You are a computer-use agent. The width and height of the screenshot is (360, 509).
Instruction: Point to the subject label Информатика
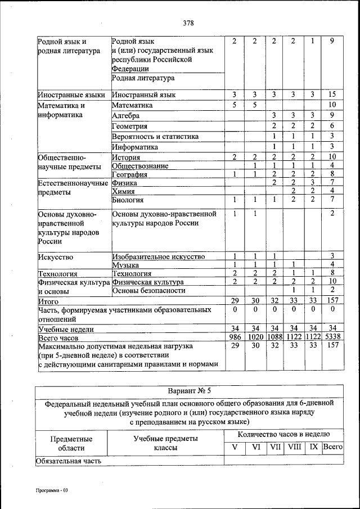coord(135,147)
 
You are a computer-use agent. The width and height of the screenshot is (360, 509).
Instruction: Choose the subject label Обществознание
coord(141,166)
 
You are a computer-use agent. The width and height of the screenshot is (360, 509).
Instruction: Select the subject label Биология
coord(128,200)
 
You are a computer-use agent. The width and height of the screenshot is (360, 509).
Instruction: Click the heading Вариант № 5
coord(189,391)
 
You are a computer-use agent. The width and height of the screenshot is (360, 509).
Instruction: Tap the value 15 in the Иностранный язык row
coord(332,94)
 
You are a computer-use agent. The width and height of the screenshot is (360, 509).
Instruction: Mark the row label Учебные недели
coord(66,329)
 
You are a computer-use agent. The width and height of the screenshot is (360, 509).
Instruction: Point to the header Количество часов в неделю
coord(283,434)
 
